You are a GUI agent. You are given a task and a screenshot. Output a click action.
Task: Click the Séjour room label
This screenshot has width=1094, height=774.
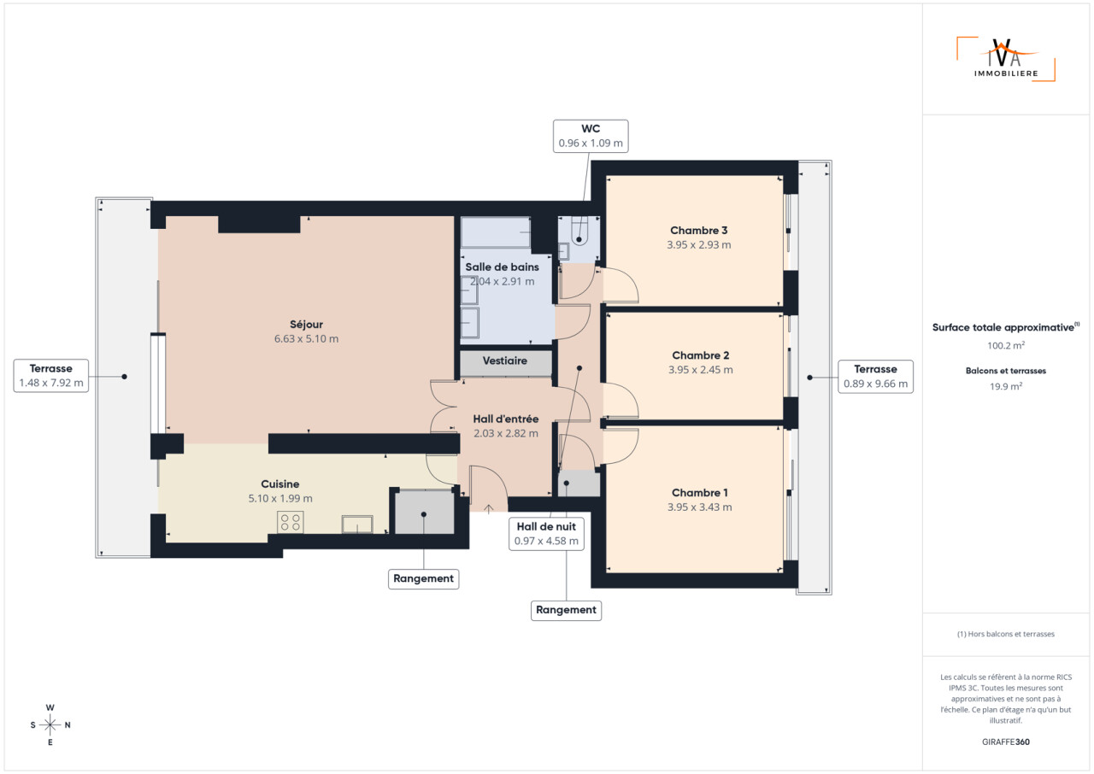[x=306, y=325]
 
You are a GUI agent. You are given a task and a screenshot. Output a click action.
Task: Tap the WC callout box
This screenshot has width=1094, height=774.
[x=591, y=136]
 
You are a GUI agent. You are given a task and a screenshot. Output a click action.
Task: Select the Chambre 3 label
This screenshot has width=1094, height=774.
[x=698, y=231]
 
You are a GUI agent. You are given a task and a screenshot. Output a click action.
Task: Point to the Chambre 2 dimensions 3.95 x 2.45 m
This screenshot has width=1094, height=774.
[x=700, y=370]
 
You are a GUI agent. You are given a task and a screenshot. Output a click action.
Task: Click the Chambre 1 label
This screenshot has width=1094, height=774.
[x=699, y=493]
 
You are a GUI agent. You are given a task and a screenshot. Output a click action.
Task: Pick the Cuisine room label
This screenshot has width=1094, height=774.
[x=279, y=484]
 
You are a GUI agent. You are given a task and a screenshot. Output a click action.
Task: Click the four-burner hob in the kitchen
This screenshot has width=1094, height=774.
[x=291, y=522]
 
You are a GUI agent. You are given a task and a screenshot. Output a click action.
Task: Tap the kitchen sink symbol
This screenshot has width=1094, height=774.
[x=357, y=525]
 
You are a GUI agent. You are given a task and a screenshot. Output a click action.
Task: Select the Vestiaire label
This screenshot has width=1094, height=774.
[x=505, y=361]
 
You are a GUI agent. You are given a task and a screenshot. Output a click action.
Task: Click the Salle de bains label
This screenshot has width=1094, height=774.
[x=502, y=267]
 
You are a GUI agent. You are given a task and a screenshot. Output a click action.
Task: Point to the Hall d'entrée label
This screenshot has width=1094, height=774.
[x=505, y=419]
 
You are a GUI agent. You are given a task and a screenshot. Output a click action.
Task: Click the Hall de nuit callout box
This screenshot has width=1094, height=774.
[x=546, y=534]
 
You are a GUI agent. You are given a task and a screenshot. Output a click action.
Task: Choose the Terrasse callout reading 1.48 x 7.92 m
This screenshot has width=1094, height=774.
[x=50, y=376]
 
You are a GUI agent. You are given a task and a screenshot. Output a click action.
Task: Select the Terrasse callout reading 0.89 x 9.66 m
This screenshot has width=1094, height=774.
[x=876, y=377]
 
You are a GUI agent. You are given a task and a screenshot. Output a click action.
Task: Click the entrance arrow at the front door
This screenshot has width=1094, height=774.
[x=488, y=508]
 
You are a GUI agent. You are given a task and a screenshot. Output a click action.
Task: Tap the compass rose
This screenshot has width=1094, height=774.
[x=50, y=724]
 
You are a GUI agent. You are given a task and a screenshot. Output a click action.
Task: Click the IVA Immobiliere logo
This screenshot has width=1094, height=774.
[x=1006, y=60]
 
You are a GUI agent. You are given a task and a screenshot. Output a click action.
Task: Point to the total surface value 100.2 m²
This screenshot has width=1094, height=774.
[x=1006, y=345]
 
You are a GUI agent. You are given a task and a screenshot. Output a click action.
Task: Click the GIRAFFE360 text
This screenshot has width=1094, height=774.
[x=1006, y=742]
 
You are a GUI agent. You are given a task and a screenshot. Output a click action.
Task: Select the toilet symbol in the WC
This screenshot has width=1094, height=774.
[x=579, y=232]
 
